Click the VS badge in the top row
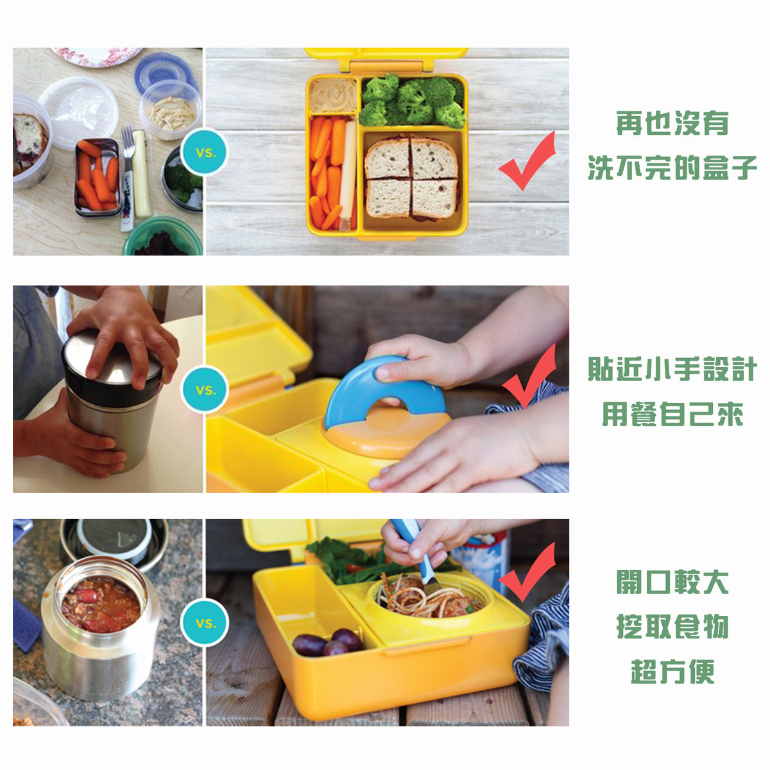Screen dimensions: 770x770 coord(205,153)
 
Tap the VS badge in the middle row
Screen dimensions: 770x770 coord(205,389)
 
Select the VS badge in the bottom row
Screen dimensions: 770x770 coord(205,622)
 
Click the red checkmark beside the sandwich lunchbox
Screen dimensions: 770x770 coord(526,162)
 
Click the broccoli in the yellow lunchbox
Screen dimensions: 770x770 coord(412,101)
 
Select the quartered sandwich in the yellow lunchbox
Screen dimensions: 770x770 coord(411,178)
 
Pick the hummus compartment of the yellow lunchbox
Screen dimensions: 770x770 coord(332,95)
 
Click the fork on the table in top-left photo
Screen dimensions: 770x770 coord(128,173)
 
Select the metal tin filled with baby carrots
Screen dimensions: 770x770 coord(97,176)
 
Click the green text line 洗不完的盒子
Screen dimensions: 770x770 coord(672,168)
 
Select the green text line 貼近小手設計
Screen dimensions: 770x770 coord(672,370)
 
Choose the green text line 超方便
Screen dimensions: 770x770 coord(672,672)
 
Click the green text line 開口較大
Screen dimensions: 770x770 coord(672,582)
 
